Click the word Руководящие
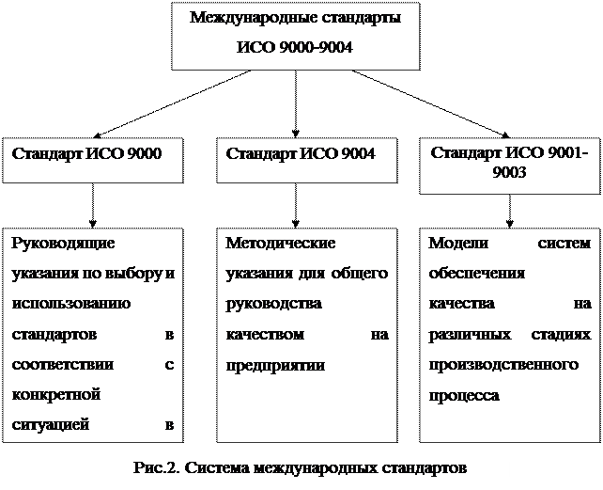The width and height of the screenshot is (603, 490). pyautogui.click(x=62, y=243)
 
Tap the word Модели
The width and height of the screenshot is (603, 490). pyautogui.click(x=455, y=243)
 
